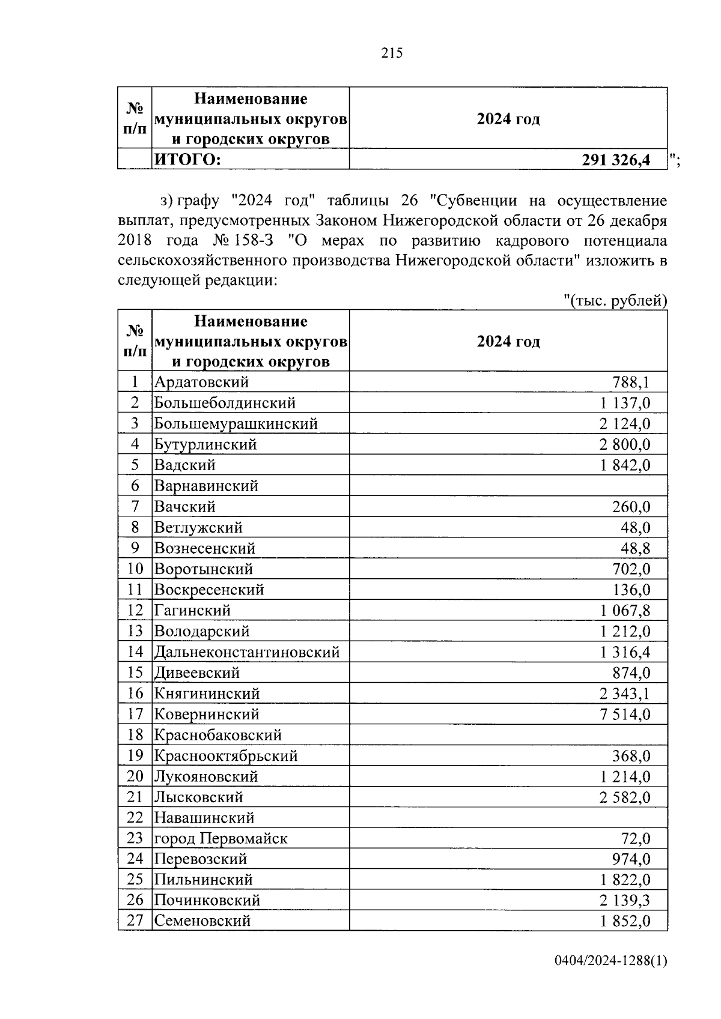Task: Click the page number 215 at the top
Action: coord(392,53)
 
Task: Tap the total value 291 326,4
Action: coord(616,160)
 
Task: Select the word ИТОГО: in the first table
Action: coord(187,160)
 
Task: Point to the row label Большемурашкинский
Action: coord(236,424)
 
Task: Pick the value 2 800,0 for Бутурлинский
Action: coord(625,445)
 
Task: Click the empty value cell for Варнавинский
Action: coord(508,486)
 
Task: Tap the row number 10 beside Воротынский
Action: coord(135,569)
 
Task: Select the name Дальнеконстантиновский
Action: coord(247,652)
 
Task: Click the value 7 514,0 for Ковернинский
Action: coord(625,715)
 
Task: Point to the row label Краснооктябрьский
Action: coord(226,756)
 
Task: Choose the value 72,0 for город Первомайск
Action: coord(635,839)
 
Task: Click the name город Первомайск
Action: coord(221,839)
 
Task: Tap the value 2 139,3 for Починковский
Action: coord(625,901)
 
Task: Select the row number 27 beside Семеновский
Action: coord(135,921)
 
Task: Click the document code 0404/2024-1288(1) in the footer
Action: coord(610,961)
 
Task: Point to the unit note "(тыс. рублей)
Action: coord(616,300)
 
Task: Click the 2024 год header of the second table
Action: coord(508,342)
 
